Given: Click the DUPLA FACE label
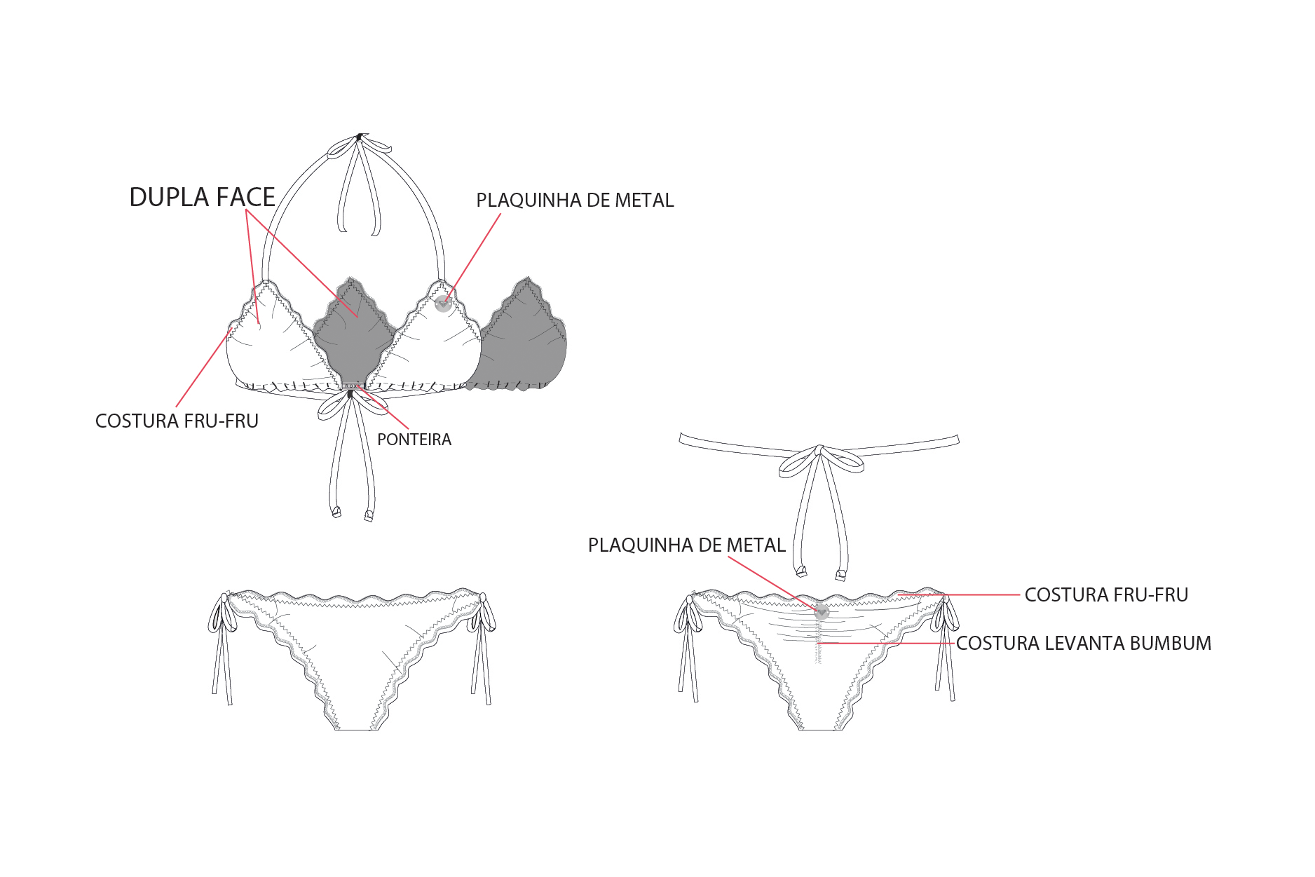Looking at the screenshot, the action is (202, 197).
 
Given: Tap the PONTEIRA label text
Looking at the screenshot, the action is (414, 440).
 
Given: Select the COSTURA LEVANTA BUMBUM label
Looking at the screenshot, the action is (1084, 643).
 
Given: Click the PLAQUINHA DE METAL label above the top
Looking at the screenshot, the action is (575, 200).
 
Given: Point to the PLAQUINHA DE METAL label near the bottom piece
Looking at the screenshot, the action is (686, 545).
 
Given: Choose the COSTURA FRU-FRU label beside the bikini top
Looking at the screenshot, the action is (177, 421).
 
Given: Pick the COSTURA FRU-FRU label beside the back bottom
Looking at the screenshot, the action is (1106, 594).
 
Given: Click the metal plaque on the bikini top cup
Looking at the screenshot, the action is (442, 304).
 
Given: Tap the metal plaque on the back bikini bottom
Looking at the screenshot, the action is (822, 612).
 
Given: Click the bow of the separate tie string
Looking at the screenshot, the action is (820, 459).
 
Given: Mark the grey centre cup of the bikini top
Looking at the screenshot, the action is (355, 333).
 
